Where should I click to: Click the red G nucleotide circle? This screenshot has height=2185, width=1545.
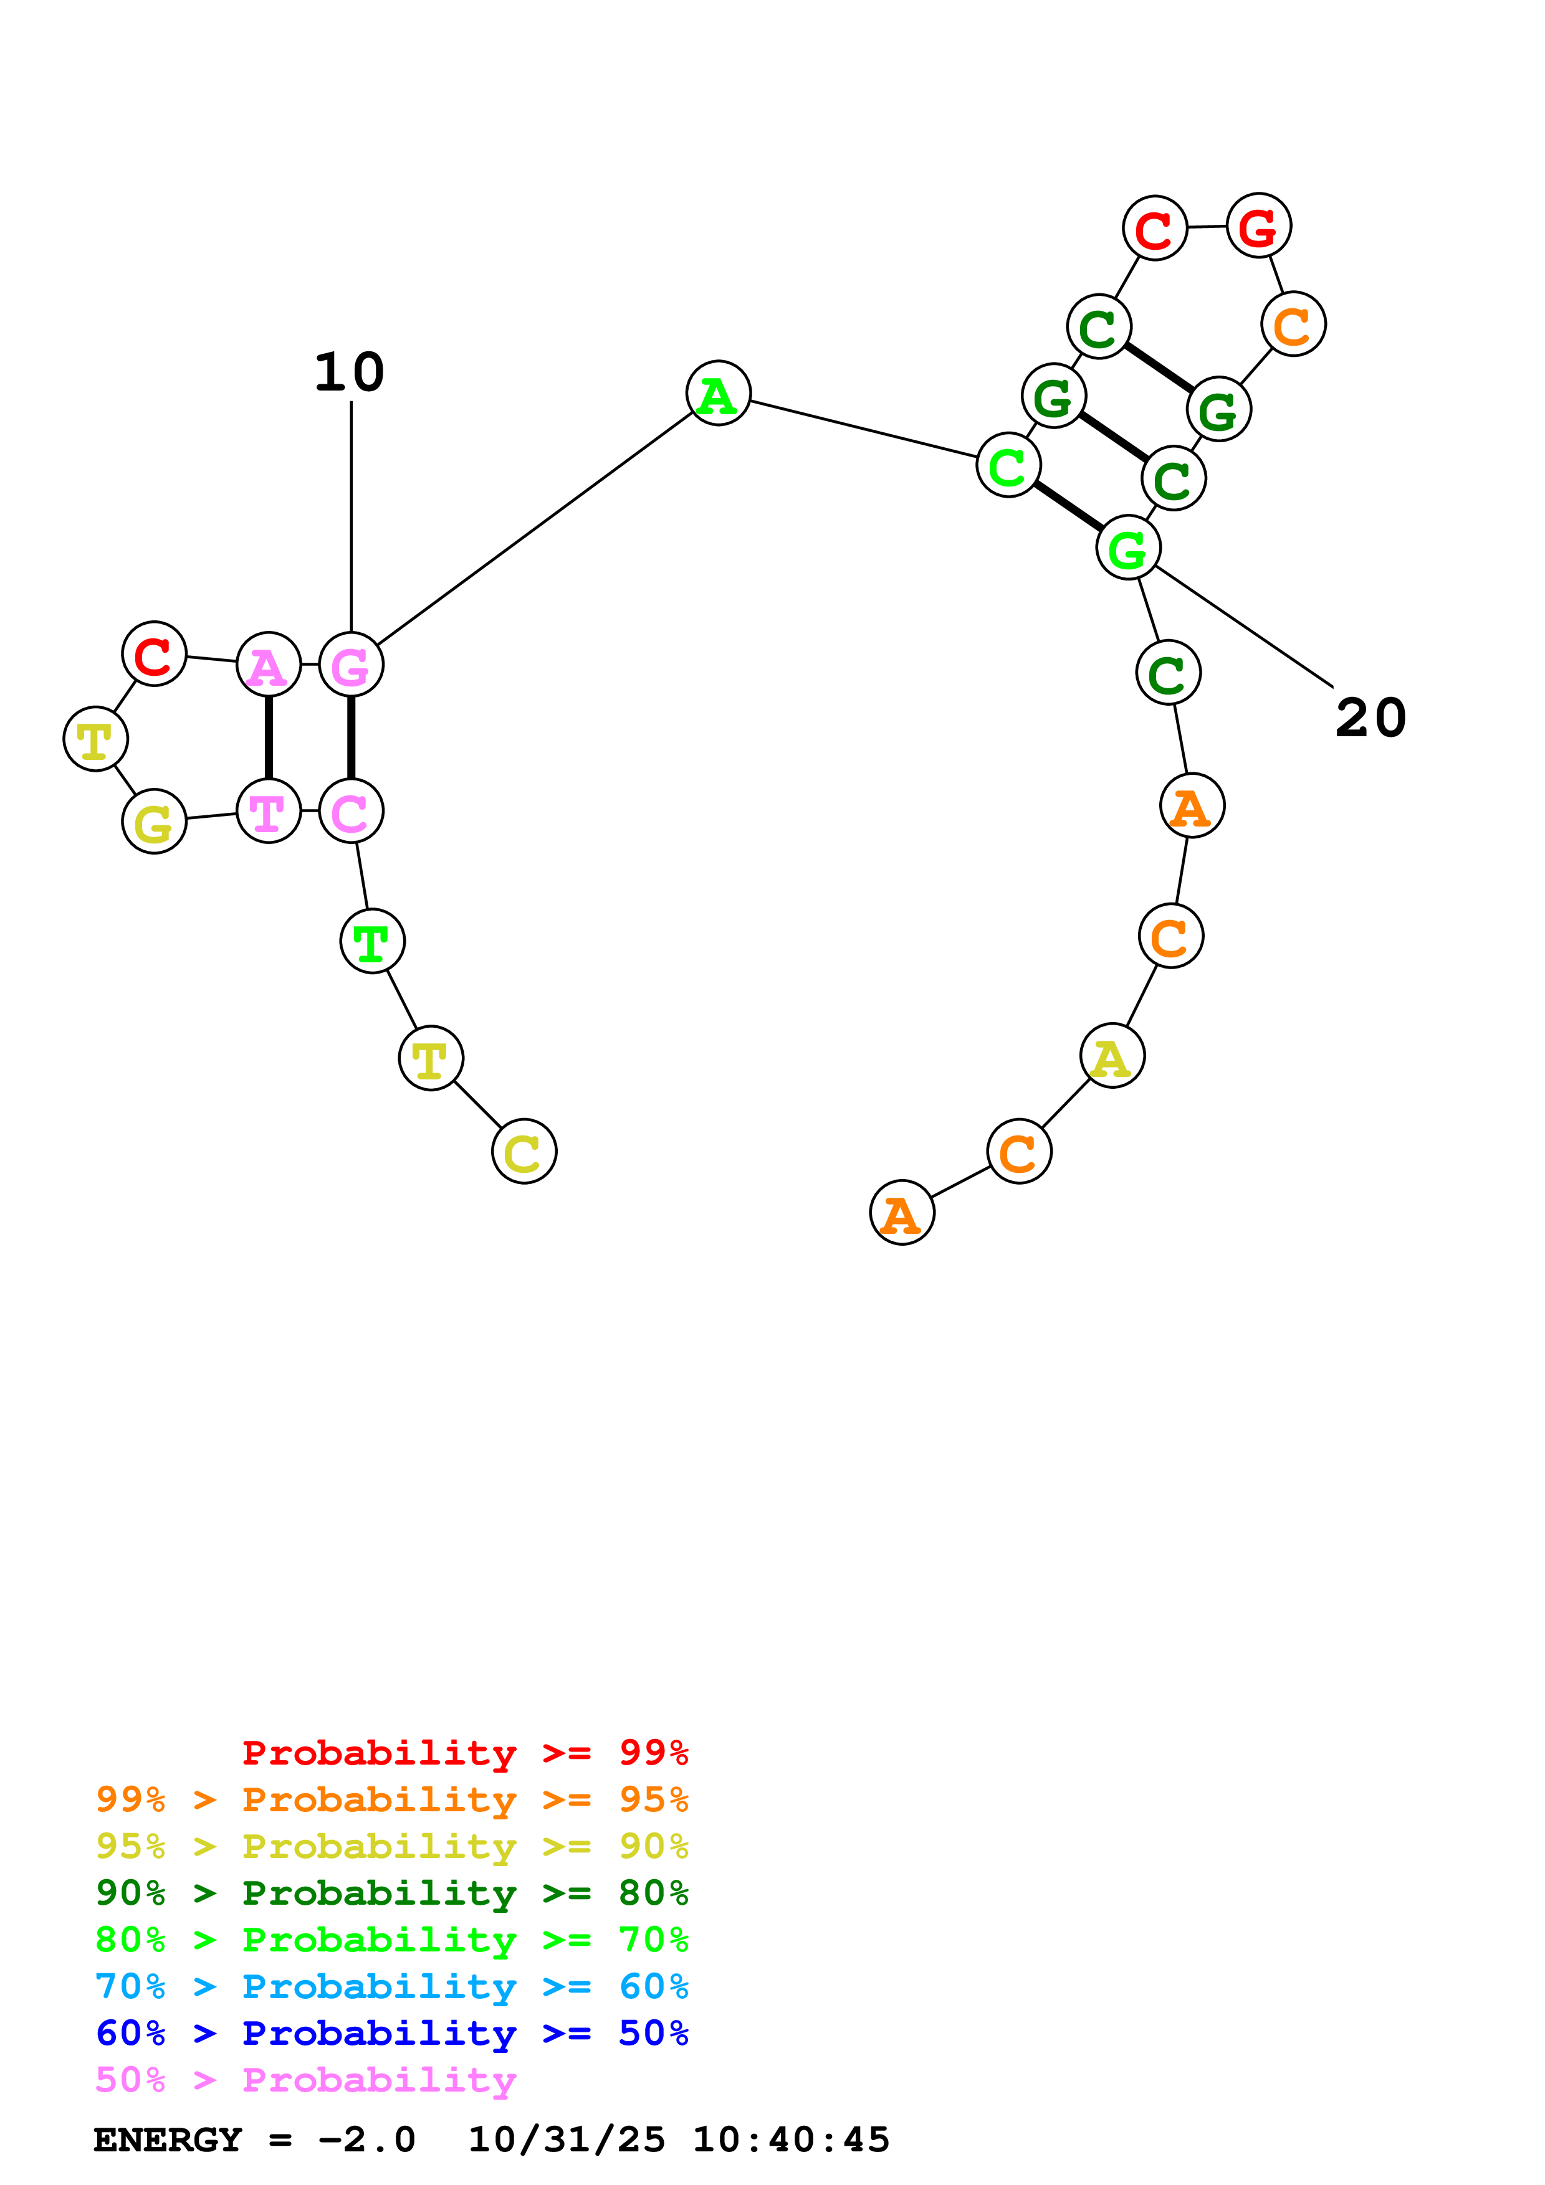tap(1258, 227)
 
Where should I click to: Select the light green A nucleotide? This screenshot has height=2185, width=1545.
tap(718, 393)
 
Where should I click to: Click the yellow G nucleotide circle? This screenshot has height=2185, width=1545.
tap(154, 822)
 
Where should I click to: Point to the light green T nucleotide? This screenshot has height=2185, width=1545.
tap(372, 941)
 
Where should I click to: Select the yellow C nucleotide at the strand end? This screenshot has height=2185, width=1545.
tap(524, 1152)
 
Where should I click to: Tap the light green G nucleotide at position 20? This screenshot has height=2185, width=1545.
tap(1128, 548)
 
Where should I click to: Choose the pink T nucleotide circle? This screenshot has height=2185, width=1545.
tap(269, 811)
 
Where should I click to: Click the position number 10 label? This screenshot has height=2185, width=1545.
tap(350, 372)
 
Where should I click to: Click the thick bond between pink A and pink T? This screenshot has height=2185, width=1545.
tap(269, 737)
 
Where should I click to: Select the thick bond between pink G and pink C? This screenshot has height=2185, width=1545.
tap(352, 737)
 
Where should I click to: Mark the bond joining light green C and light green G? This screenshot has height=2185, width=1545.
tap(1068, 506)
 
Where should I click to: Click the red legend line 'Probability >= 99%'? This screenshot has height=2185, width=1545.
tap(464, 1752)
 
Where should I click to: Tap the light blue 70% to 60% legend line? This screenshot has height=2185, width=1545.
tap(391, 1986)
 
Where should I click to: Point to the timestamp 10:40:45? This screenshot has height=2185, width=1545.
tap(791, 2140)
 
